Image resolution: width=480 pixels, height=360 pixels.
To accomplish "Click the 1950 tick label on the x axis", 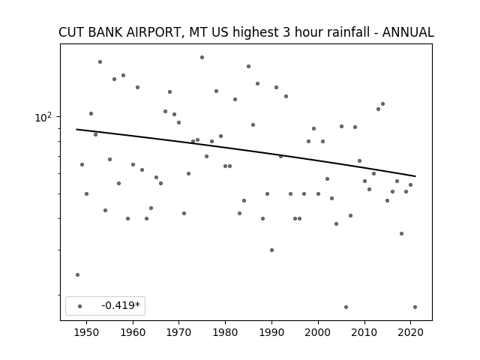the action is [x=87, y=332].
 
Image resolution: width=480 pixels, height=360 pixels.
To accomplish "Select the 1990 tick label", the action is [x=271, y=332].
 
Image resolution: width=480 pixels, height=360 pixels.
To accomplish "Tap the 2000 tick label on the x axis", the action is [x=318, y=332].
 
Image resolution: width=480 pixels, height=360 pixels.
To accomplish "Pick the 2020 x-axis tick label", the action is [x=410, y=332].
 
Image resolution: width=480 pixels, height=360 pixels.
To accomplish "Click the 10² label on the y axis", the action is [x=43, y=117].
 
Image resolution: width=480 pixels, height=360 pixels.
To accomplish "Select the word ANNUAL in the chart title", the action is [x=408, y=32].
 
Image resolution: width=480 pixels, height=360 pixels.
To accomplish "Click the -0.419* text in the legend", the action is [x=121, y=305].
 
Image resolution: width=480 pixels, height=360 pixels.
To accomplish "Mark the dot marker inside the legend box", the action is [x=80, y=306].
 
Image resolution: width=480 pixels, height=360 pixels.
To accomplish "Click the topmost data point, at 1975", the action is [x=202, y=57].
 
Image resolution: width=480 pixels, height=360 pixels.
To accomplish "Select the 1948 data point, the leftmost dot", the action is [x=77, y=275].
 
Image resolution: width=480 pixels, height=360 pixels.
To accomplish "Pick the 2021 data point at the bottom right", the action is [x=415, y=307].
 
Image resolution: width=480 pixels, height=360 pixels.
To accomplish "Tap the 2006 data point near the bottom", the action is [x=346, y=307].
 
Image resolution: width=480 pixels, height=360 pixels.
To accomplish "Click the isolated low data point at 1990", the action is [x=271, y=250].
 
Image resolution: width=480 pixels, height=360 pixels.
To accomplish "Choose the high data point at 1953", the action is [x=100, y=61].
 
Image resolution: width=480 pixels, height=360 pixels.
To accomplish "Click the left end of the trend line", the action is [x=76, y=130].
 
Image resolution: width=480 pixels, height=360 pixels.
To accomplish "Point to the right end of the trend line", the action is [x=415, y=176].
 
